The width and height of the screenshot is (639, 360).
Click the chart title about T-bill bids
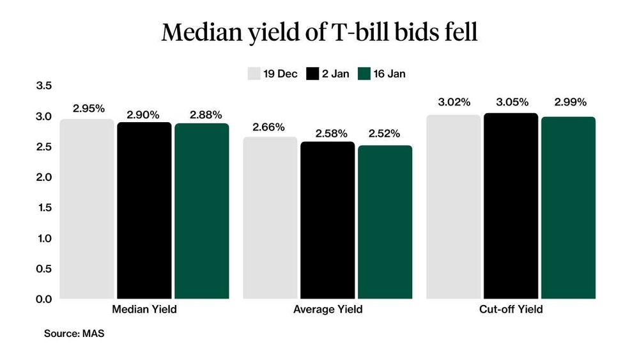(x=319, y=33)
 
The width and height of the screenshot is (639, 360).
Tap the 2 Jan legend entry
(x=328, y=74)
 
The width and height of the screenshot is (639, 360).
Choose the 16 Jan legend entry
(x=381, y=74)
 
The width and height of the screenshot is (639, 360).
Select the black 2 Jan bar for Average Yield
(x=328, y=221)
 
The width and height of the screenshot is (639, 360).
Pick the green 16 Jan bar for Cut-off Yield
(x=568, y=208)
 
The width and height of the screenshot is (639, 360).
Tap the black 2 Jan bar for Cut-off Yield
(x=511, y=206)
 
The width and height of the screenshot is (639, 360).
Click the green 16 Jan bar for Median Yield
(x=201, y=211)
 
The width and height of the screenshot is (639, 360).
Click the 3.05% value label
(x=512, y=102)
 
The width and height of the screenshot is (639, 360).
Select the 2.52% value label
(x=384, y=134)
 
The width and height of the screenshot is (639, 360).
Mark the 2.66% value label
(x=269, y=127)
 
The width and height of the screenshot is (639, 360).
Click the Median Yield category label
(x=144, y=309)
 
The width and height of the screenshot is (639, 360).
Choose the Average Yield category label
(x=328, y=309)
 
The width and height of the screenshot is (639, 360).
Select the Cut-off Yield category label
(x=511, y=309)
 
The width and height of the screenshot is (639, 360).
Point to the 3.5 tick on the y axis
(x=43, y=86)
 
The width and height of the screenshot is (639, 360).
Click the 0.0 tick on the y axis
(x=43, y=299)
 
